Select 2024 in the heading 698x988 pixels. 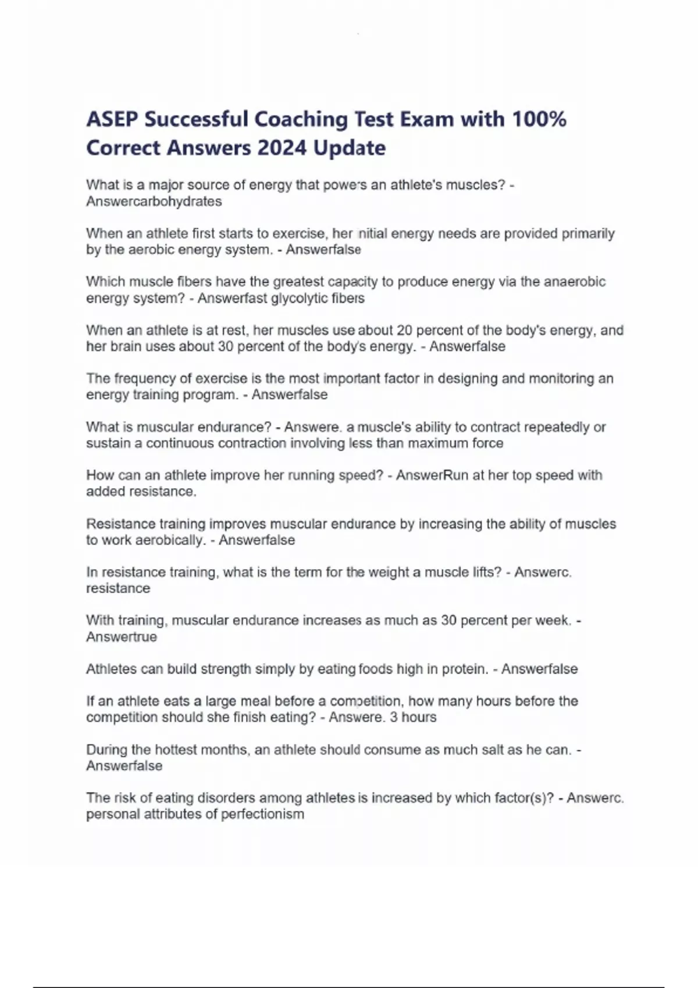[x=282, y=148]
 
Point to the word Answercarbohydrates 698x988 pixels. [x=154, y=202]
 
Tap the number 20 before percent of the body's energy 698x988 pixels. [x=404, y=331]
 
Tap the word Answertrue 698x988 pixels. [x=121, y=637]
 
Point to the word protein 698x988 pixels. [x=465, y=669]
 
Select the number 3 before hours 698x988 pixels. [x=394, y=717]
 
